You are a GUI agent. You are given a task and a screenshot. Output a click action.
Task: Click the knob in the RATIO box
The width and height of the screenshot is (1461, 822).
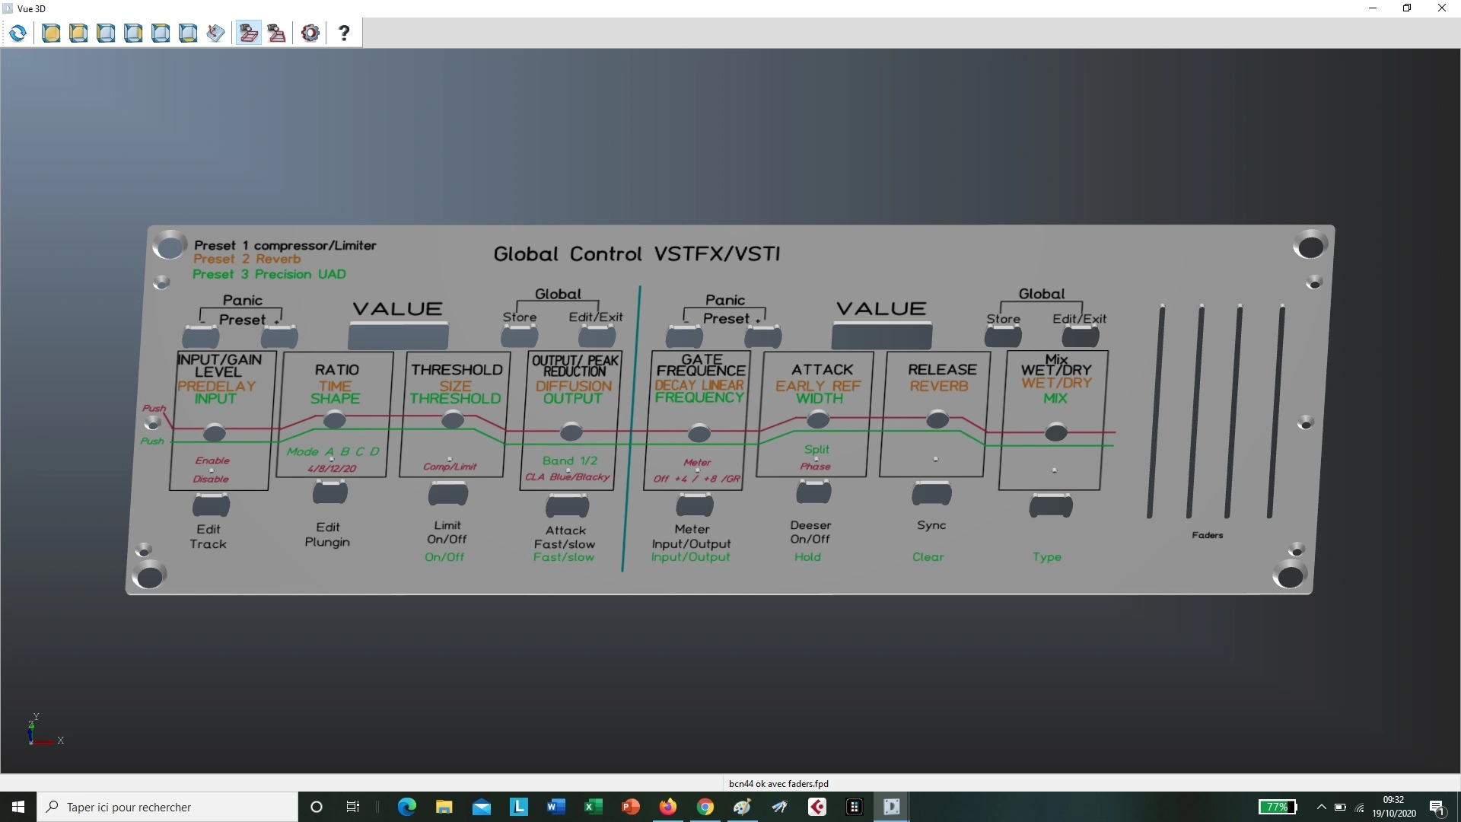point(334,419)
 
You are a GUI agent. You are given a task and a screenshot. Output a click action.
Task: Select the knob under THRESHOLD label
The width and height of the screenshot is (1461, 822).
point(453,419)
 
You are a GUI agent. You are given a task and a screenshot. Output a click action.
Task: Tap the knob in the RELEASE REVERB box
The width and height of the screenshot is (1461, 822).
point(937,419)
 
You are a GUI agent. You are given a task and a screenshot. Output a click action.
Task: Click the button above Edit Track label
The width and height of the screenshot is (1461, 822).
point(211,505)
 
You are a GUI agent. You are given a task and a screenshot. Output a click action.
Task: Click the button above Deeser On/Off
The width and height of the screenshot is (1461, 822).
point(813,492)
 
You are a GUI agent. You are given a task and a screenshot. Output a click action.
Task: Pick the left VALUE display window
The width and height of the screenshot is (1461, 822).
point(398,335)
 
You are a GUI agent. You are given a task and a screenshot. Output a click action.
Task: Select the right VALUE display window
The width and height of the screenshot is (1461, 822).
point(882,335)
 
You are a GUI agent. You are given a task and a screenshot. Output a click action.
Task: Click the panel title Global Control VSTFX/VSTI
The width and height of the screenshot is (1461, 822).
point(637,254)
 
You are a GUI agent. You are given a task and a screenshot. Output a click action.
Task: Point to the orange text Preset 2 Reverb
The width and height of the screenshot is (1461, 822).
point(247,260)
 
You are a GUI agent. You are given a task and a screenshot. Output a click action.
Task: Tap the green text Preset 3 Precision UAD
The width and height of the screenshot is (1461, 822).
point(269,274)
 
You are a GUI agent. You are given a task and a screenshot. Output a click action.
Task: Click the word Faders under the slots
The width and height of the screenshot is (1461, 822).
point(1208,535)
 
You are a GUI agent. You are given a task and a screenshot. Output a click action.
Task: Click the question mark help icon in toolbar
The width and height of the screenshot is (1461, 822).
point(344,33)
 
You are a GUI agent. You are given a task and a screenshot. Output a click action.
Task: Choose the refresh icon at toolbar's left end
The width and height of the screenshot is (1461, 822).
point(18,33)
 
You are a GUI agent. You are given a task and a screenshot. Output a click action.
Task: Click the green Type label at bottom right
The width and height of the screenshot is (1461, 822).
point(1046,557)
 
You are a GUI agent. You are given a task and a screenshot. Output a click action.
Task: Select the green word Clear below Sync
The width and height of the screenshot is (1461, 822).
point(928,557)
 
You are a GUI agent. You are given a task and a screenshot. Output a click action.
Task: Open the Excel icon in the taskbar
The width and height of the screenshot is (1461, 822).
point(593,807)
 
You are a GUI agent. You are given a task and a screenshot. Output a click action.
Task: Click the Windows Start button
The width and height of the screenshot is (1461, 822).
point(18,807)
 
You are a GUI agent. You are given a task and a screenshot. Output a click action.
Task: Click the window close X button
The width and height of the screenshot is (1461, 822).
point(1441,8)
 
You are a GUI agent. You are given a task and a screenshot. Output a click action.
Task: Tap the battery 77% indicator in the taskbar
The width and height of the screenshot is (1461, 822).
point(1278,807)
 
